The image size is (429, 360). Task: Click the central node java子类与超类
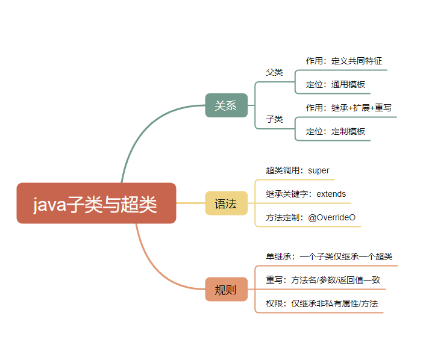(96, 203)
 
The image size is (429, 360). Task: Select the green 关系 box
(226, 105)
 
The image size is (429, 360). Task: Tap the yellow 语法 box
(226, 203)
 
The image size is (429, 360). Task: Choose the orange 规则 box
(226, 290)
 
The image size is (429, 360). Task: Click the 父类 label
(275, 72)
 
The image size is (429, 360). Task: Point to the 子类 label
(275, 119)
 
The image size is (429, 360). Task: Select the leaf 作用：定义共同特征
(343, 61)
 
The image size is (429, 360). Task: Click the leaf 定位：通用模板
(335, 84)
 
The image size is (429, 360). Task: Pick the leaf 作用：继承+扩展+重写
(348, 108)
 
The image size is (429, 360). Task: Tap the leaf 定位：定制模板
(335, 131)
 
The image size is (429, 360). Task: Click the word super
(319, 170)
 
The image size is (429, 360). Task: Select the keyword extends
(331, 194)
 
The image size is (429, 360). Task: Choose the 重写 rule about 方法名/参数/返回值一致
(323, 280)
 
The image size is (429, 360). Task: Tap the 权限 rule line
(322, 303)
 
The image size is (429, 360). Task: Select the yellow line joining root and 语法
(190, 203)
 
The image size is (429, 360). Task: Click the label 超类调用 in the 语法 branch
(284, 170)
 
